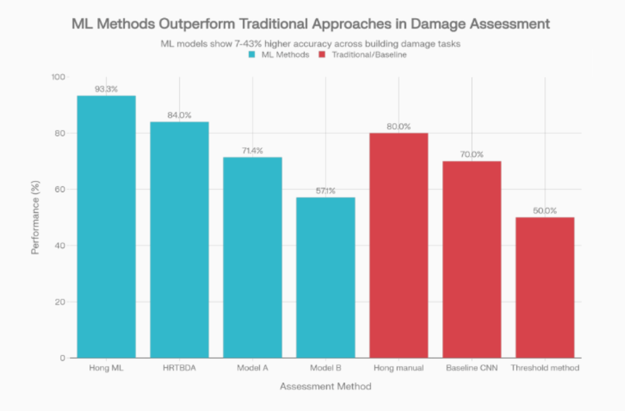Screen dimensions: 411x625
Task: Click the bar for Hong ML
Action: coord(106,227)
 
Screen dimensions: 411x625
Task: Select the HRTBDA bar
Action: coord(180,240)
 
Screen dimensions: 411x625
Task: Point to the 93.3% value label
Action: coord(106,89)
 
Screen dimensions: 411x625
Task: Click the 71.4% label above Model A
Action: coord(252,151)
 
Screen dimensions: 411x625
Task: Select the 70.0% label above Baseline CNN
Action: coord(472,155)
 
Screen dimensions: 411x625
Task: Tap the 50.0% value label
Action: coord(545,210)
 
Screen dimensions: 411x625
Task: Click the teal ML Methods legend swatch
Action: coord(252,55)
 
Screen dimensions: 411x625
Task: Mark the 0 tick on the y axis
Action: coord(63,358)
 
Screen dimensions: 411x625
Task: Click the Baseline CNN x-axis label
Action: coord(472,368)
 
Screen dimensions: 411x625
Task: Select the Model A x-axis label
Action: coord(252,368)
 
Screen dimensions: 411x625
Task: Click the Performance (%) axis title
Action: coord(37,218)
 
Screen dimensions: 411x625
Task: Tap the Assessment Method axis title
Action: coord(325,386)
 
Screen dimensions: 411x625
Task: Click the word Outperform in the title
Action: coord(206,24)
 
